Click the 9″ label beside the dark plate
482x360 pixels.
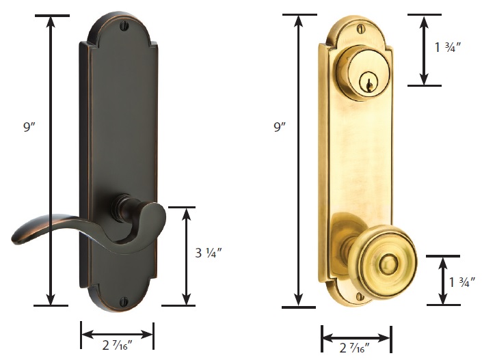[30, 126]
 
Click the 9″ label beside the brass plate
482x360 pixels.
[280, 127]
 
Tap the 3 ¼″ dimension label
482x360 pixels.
[209, 253]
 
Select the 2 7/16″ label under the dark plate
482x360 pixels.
[117, 345]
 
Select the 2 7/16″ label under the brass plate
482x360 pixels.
[355, 348]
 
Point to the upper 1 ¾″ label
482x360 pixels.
[448, 47]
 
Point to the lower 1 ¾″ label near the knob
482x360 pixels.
[462, 282]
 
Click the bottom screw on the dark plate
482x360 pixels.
[124, 299]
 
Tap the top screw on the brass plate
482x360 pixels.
[360, 29]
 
